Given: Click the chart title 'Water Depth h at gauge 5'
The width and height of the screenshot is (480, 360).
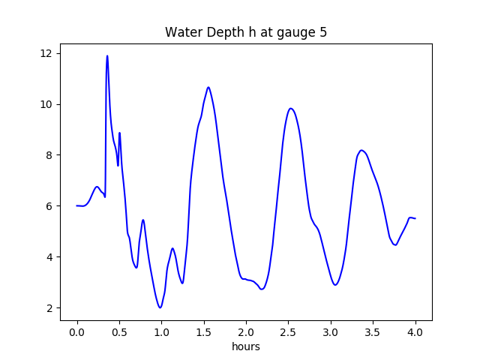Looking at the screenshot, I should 246,32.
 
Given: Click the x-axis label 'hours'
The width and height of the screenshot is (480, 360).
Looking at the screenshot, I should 246,347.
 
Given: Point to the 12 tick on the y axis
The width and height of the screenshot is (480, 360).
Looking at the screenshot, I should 46,53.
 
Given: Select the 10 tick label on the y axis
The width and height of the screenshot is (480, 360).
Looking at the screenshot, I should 46,104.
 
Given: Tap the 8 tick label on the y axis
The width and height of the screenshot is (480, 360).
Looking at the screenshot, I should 49,155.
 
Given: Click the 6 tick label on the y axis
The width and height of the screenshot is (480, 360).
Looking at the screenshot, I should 49,206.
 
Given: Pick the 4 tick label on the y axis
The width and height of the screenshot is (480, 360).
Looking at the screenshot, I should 49,257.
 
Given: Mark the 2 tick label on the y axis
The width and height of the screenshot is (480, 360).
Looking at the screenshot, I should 49,308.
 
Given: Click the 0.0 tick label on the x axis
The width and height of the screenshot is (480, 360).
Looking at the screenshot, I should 76,332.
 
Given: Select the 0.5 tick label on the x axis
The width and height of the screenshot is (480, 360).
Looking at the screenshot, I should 119,332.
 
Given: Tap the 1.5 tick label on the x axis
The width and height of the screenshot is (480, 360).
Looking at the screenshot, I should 204,332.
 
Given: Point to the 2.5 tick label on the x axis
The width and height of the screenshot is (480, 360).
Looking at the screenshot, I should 288,332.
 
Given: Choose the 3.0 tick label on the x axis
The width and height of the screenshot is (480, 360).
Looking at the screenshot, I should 331,332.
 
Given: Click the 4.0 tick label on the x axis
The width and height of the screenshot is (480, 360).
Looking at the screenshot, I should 415,332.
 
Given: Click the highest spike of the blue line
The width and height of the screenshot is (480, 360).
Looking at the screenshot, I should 107,56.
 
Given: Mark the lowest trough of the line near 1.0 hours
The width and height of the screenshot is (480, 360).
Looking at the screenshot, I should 160,307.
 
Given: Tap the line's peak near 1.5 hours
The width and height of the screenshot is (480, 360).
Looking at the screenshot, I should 208,87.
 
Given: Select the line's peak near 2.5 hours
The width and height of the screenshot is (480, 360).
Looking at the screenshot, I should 291,108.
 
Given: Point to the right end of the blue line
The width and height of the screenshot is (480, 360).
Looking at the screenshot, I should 415,218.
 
